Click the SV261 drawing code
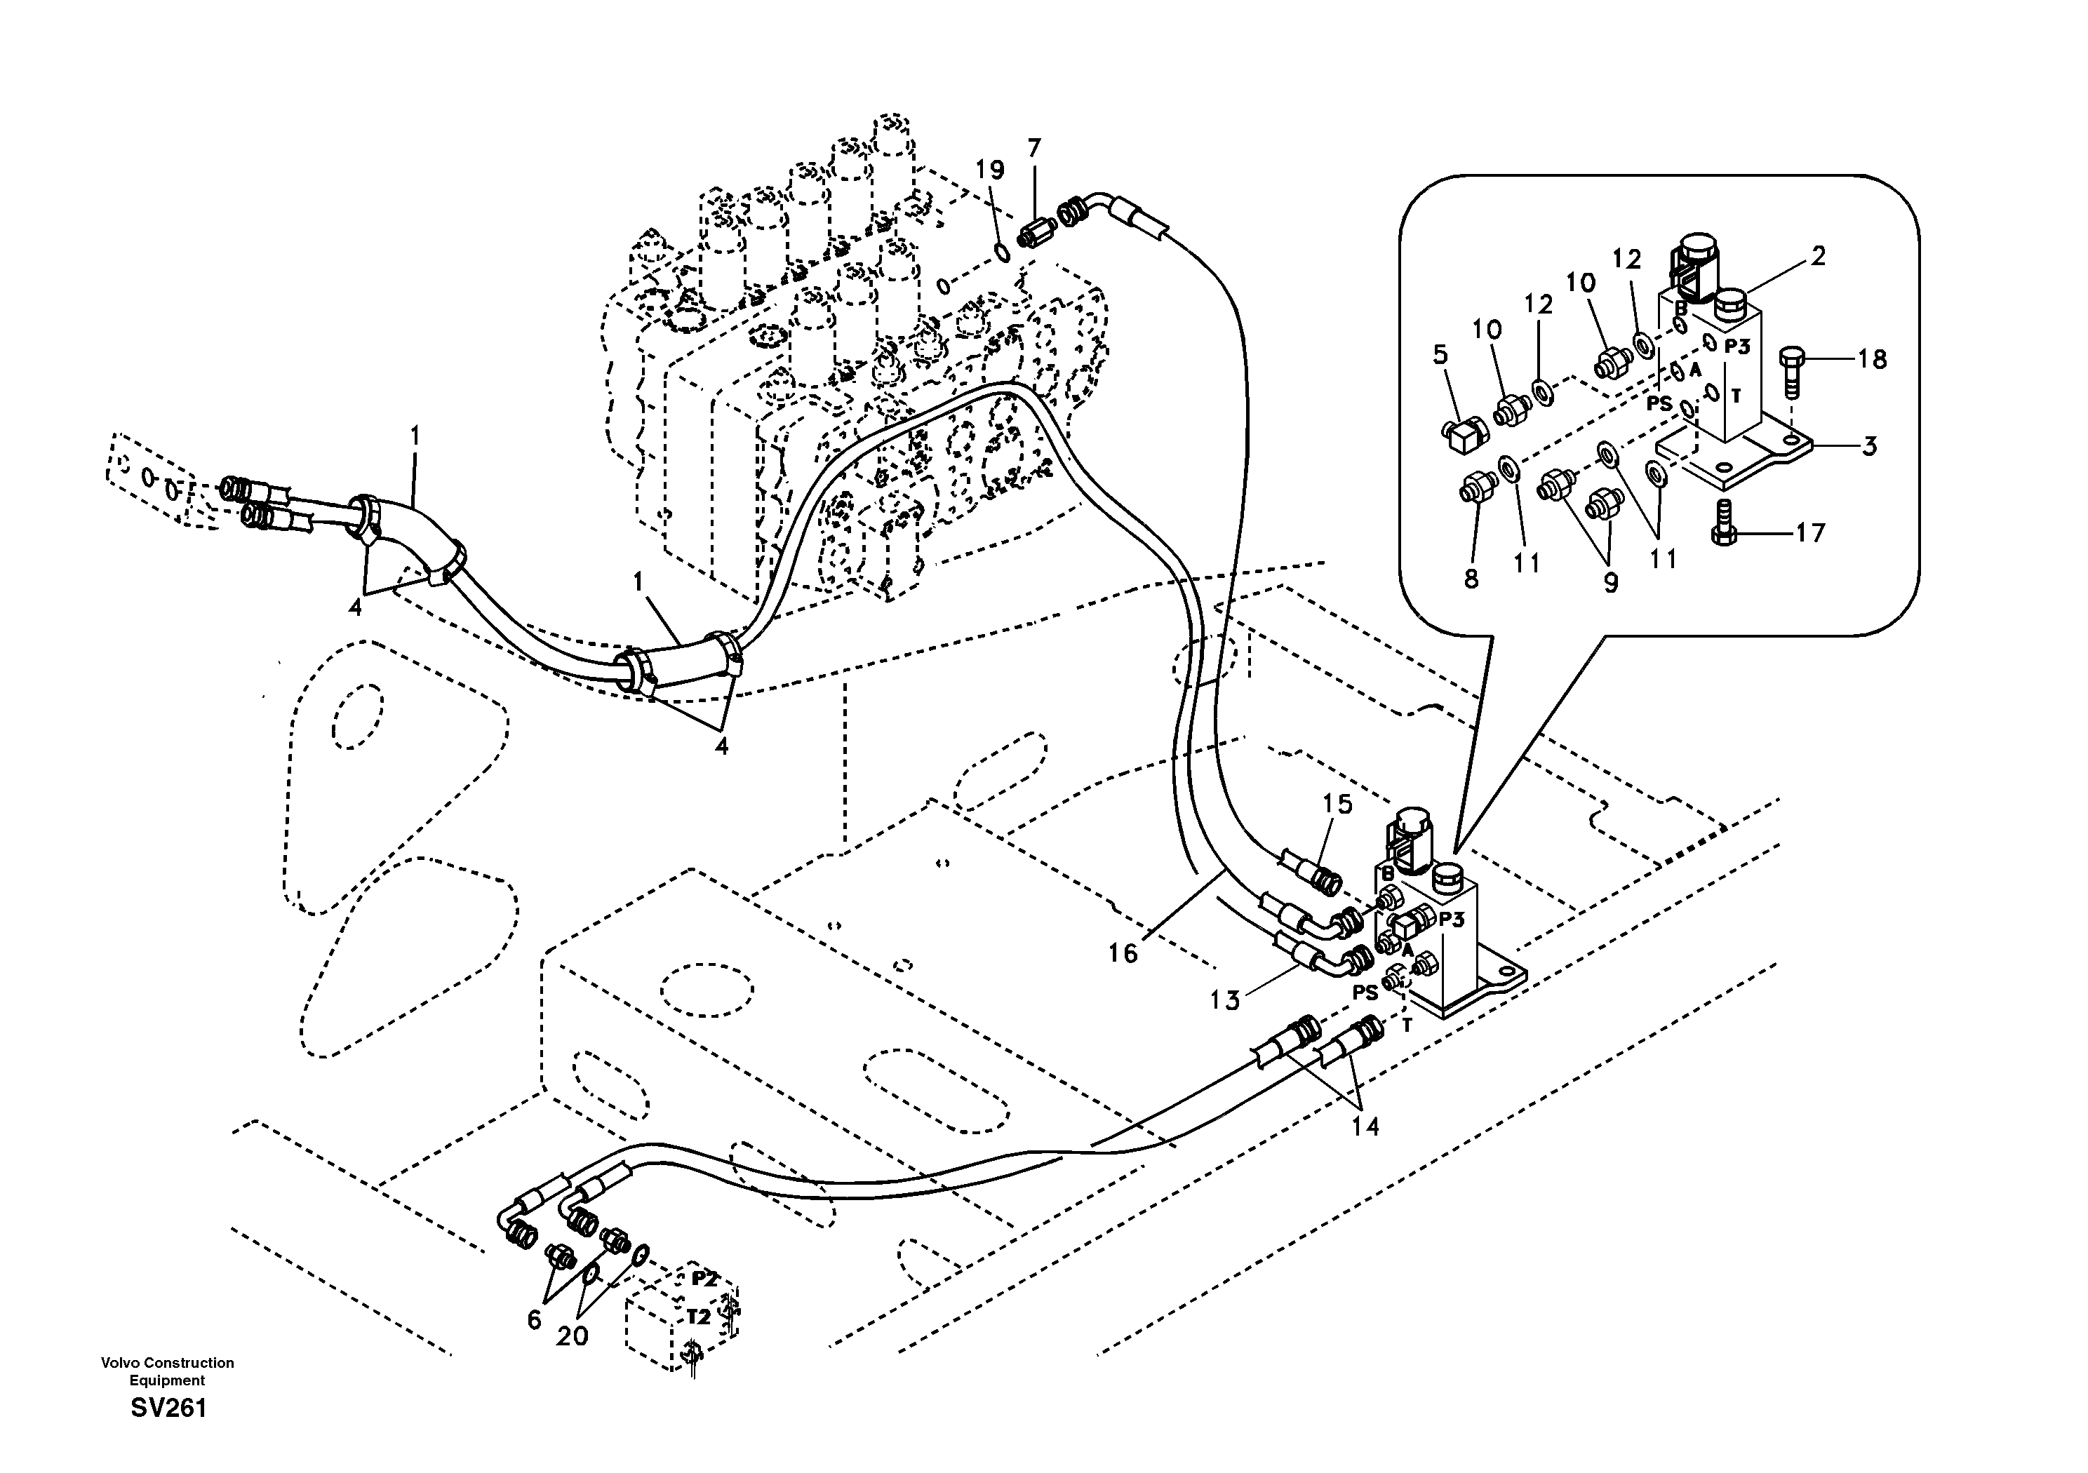168,1408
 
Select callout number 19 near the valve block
991,170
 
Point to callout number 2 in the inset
1817,257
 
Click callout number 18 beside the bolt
1872,359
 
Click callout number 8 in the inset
1471,578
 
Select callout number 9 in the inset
1611,583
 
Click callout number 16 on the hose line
1123,953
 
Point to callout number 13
1225,1001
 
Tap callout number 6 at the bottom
534,1319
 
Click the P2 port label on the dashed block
705,1277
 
